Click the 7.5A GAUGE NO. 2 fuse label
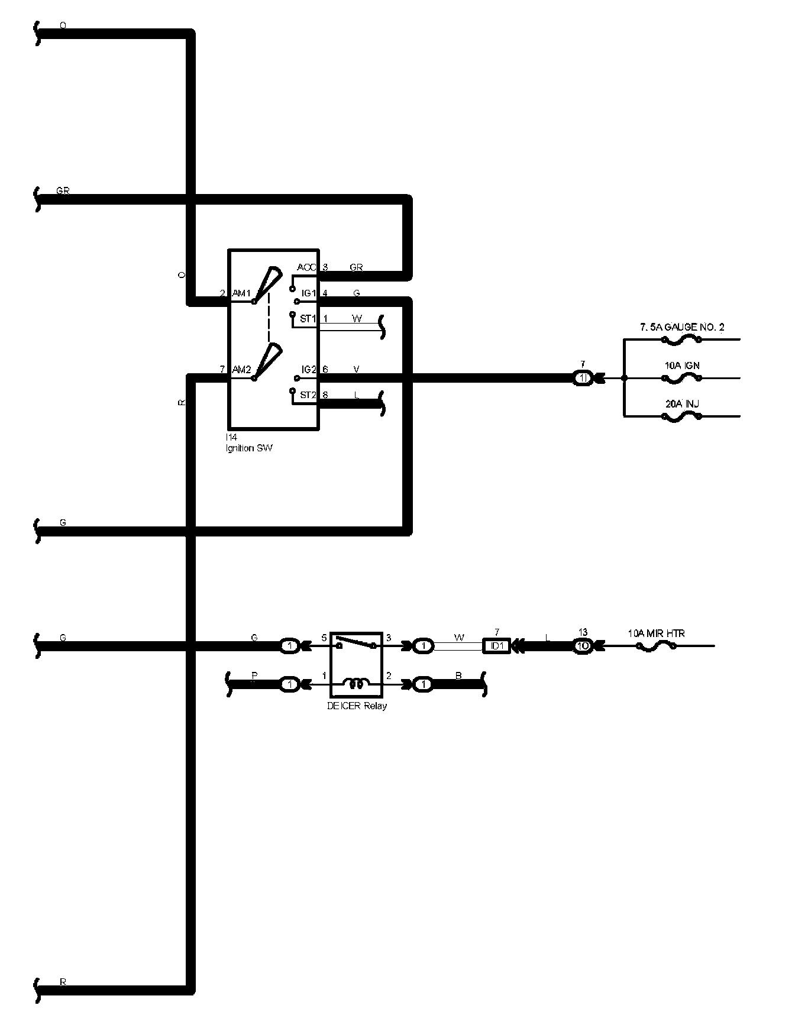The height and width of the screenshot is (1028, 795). pos(681,327)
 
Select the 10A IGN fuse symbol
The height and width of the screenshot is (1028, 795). pos(681,378)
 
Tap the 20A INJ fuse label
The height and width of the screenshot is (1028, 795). pos(683,404)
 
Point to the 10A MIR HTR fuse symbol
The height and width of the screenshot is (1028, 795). pos(656,646)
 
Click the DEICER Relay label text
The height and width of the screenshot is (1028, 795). pos(357,706)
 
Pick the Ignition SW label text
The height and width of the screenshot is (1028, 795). pos(249,448)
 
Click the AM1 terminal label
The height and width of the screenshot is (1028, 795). pos(241,293)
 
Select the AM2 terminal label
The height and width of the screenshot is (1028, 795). pos(241,370)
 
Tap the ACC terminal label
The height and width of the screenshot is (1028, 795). pos(307,267)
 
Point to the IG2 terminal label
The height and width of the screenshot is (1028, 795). pos(309,370)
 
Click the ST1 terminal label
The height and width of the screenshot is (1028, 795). pos(308,319)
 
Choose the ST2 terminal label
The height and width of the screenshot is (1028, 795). pos(308,395)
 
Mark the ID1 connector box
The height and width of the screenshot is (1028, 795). pos(497,646)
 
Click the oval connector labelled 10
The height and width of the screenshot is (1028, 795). pos(583,646)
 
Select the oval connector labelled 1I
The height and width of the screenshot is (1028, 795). pos(583,378)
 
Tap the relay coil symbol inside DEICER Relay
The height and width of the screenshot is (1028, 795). pos(356,685)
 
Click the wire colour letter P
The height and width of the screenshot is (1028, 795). pos(254,675)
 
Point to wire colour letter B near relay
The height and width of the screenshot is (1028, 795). pos(458,675)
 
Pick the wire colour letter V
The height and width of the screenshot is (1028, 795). pos(356,370)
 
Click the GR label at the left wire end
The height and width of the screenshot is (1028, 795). pos(63,191)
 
